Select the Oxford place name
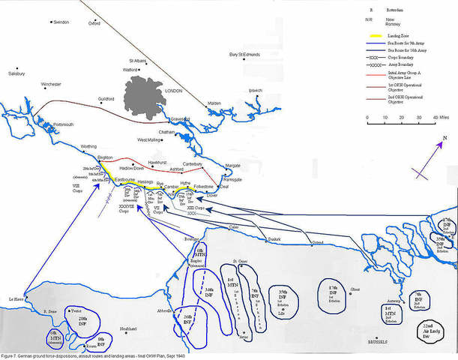point(94,23)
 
